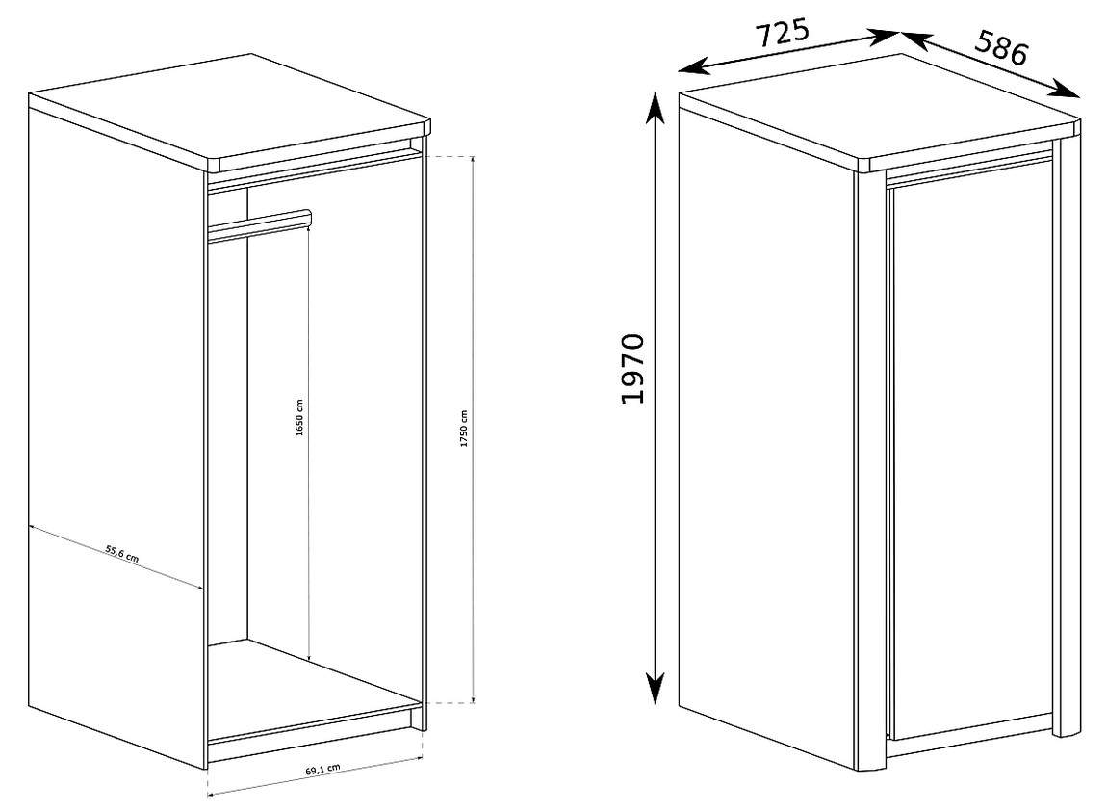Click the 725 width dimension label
783,33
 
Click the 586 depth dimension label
1001,48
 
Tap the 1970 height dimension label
633,369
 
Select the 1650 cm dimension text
299,418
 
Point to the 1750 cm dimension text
464,429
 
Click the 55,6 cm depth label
121,553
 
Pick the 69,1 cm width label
323,769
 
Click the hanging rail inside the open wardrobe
260,225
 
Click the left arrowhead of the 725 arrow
692,67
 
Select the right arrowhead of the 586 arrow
1066,89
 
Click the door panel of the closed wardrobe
972,459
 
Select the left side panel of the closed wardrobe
766,432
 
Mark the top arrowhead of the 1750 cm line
473,161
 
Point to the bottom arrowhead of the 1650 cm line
309,656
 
